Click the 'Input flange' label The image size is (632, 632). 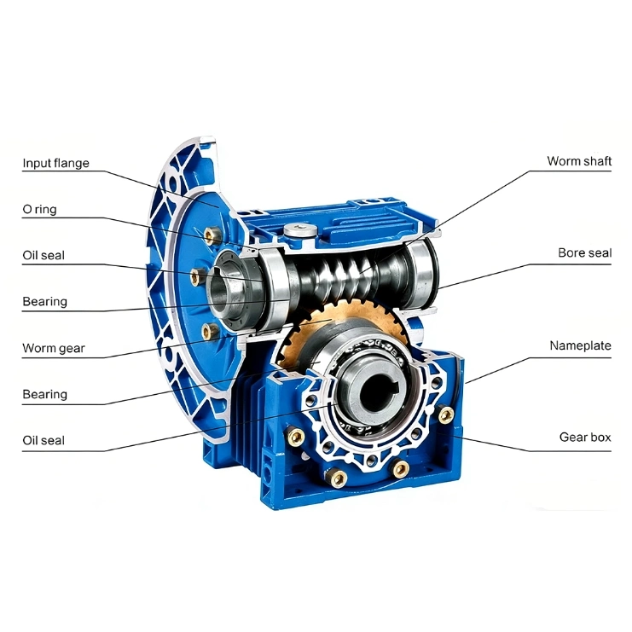pyautogui.click(x=55, y=163)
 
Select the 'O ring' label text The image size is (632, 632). pyautogui.click(x=39, y=210)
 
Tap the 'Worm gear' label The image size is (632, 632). pyautogui.click(x=54, y=348)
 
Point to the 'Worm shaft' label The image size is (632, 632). pyautogui.click(x=579, y=161)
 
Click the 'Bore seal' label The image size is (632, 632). pyautogui.click(x=584, y=252)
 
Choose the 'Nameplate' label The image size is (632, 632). pyautogui.click(x=580, y=345)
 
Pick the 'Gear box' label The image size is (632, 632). pyautogui.click(x=585, y=438)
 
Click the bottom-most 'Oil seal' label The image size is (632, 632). pyautogui.click(x=43, y=441)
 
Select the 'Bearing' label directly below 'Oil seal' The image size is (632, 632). pyautogui.click(x=44, y=302)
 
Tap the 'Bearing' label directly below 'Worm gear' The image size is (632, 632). pyautogui.click(x=44, y=395)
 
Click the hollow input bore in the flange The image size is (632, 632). pyautogui.click(x=221, y=287)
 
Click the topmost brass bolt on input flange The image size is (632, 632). pyautogui.click(x=212, y=235)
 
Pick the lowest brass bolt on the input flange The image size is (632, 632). pyautogui.click(x=209, y=331)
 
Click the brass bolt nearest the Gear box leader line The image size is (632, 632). pyautogui.click(x=445, y=415)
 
